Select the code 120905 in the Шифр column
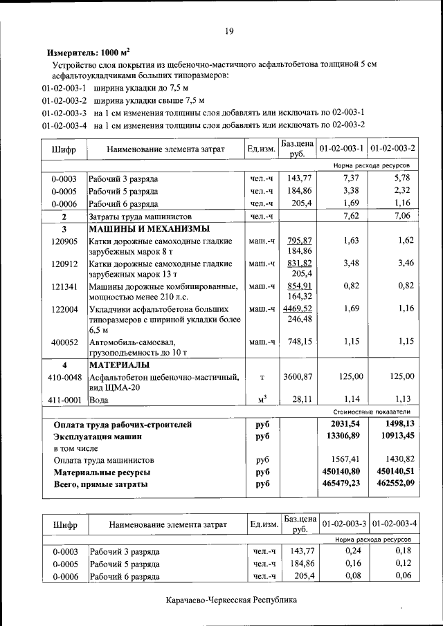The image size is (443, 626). (64, 241)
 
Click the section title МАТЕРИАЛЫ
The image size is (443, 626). (118, 365)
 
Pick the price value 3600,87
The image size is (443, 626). (298, 376)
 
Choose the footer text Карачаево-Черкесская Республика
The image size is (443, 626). (230, 600)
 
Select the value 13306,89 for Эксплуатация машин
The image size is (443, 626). (344, 436)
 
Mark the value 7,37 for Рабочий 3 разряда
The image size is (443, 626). (352, 178)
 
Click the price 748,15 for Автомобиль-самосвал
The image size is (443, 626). (300, 342)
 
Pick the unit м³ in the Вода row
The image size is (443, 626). (262, 400)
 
